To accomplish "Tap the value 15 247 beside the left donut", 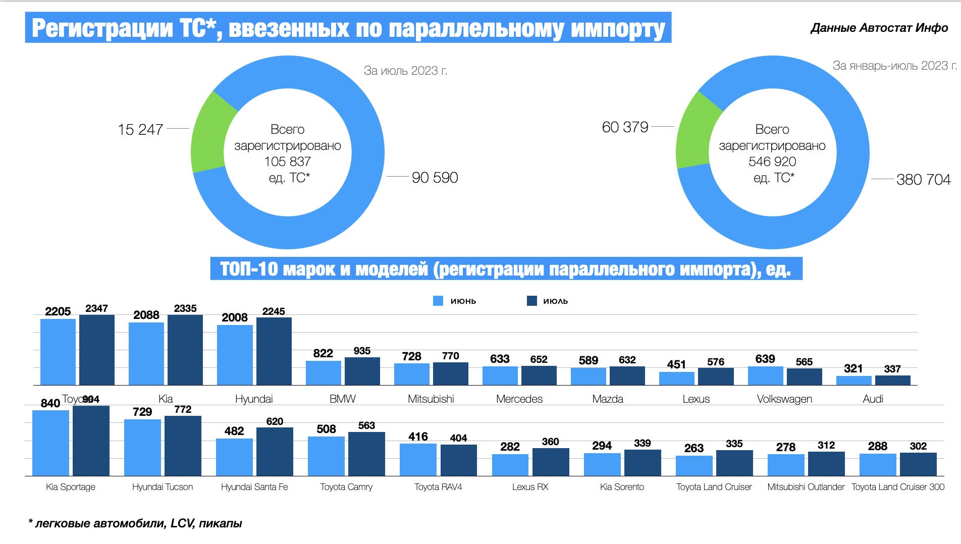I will click(x=140, y=130).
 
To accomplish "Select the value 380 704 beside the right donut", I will click(x=923, y=180).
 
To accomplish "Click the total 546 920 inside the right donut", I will click(x=772, y=161).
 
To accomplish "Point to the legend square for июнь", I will click(x=438, y=301).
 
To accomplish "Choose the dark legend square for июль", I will click(x=531, y=301).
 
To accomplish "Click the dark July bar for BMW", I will click(x=362, y=371).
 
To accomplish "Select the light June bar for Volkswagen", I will click(x=765, y=376).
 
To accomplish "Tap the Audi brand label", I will click(x=873, y=399).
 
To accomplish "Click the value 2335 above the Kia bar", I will click(x=185, y=308).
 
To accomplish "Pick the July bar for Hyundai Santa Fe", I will click(x=275, y=452).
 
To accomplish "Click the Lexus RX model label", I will click(x=530, y=487).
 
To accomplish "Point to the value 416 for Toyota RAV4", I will click(x=418, y=437).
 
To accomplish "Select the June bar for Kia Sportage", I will click(x=50, y=443).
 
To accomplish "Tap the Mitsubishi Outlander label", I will click(x=806, y=487).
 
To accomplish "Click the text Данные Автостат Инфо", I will click(x=879, y=28).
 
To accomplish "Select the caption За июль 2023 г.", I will click(x=405, y=71).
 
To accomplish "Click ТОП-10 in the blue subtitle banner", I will click(x=249, y=269).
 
